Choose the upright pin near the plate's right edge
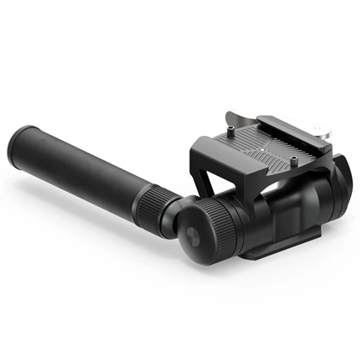coord(297,158)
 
